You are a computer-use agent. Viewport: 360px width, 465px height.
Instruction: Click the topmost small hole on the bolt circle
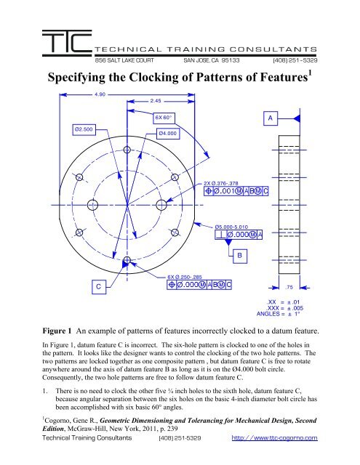click(x=127, y=150)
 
